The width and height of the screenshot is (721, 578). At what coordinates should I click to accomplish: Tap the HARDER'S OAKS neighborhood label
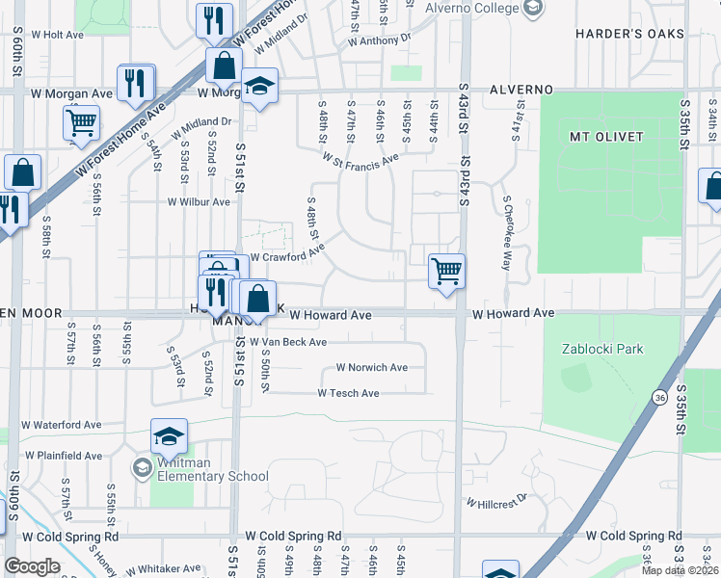click(x=629, y=34)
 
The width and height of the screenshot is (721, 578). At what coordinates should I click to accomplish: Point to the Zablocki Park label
click(x=601, y=349)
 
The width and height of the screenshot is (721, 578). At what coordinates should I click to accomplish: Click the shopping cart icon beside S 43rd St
click(x=446, y=271)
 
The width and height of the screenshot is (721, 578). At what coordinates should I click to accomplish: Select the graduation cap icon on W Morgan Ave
click(x=257, y=87)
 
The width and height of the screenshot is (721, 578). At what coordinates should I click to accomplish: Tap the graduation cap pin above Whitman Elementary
click(x=169, y=437)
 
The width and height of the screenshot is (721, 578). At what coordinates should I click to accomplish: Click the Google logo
click(x=32, y=566)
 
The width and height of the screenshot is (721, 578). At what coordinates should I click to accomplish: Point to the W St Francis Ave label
click(x=360, y=158)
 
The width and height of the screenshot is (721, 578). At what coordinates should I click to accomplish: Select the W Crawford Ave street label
click(x=287, y=257)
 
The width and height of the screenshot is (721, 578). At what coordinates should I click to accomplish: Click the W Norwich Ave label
click(x=371, y=368)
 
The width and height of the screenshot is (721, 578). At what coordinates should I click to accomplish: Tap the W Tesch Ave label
click(x=348, y=393)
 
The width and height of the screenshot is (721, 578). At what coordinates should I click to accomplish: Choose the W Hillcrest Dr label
click(x=497, y=502)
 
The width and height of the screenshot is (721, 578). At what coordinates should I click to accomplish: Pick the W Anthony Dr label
click(x=379, y=41)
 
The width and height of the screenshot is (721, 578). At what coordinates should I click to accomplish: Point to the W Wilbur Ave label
click(x=199, y=202)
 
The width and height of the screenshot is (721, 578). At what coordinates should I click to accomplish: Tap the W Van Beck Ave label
click(x=288, y=342)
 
